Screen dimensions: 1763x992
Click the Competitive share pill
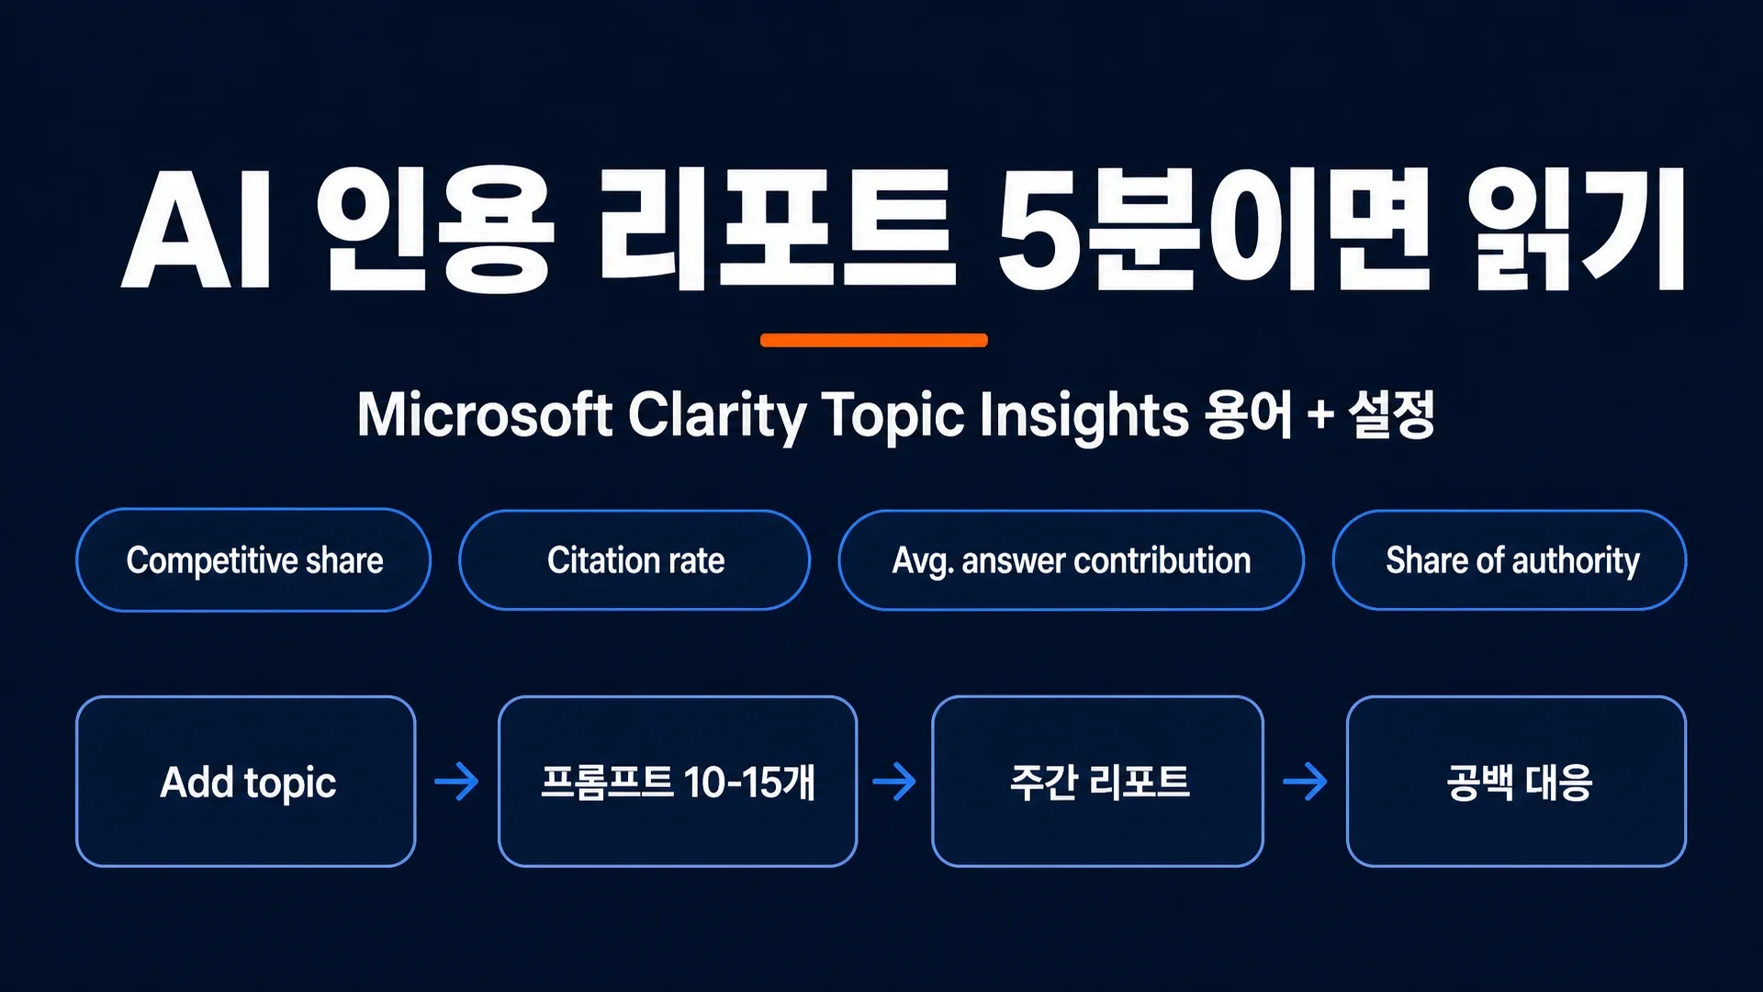point(253,559)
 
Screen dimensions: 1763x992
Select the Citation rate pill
point(634,559)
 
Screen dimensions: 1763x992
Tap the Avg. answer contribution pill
point(1072,559)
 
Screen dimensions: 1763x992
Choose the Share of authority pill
point(1510,559)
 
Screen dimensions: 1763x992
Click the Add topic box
point(246,781)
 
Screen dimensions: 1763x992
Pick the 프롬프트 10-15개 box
point(678,781)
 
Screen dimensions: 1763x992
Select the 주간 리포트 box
point(1098,781)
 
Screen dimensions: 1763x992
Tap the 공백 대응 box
point(1517,781)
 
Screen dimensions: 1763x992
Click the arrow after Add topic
point(456,782)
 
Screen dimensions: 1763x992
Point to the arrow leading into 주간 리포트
point(894,782)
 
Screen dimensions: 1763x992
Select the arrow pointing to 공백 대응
point(1305,782)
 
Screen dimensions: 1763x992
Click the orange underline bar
point(874,340)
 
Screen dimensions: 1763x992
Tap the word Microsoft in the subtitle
point(485,414)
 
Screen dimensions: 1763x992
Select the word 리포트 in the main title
point(777,230)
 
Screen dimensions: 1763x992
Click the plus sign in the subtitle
point(1320,415)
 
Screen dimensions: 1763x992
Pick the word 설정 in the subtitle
point(1392,415)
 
